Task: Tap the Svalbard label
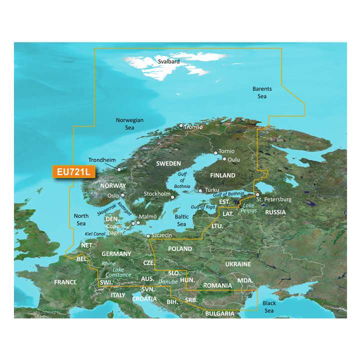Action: [x=168, y=61]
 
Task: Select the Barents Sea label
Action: [x=262, y=92]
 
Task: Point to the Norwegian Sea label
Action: [x=129, y=124]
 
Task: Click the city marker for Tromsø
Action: [x=181, y=126]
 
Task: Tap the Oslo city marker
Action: [x=123, y=195]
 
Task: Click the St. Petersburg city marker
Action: [x=257, y=194]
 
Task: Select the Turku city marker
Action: [x=200, y=190]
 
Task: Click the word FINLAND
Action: [x=222, y=175]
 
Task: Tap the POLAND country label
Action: [x=180, y=248]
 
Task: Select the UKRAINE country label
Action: [x=237, y=264]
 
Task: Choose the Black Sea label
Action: [x=269, y=307]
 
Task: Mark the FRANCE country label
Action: [x=65, y=282]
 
